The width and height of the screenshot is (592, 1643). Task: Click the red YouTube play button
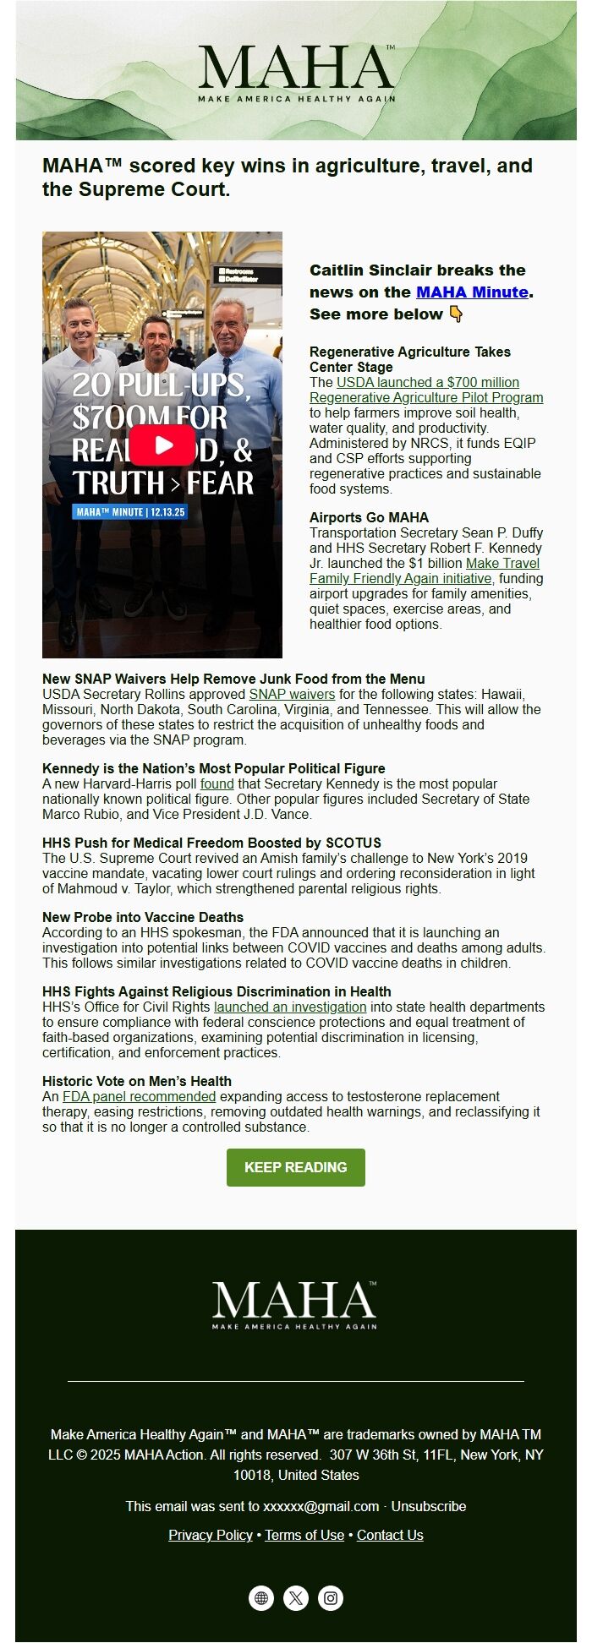pyautogui.click(x=162, y=445)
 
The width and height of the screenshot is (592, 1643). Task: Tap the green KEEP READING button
pyautogui.click(x=295, y=1167)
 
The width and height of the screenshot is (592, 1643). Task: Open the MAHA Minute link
pyautogui.click(x=472, y=292)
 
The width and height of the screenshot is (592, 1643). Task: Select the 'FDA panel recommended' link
pyautogui.click(x=140, y=1097)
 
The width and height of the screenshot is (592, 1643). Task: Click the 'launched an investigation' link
pyautogui.click(x=290, y=1007)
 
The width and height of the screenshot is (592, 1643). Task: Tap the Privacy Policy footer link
pyautogui.click(x=211, y=1535)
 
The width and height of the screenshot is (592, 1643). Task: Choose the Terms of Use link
pyautogui.click(x=304, y=1535)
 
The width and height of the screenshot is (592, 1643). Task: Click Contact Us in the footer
pyautogui.click(x=390, y=1535)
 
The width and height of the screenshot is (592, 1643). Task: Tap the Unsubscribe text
pyautogui.click(x=428, y=1506)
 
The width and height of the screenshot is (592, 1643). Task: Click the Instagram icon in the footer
pyautogui.click(x=331, y=1598)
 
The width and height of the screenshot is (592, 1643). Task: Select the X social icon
pyautogui.click(x=296, y=1598)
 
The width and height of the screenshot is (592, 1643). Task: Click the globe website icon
pyautogui.click(x=261, y=1598)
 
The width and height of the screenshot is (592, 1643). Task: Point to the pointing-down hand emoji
pyautogui.click(x=456, y=314)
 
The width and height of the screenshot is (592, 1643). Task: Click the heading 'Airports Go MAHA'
pyautogui.click(x=369, y=517)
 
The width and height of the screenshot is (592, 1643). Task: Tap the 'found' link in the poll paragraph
pyautogui.click(x=217, y=784)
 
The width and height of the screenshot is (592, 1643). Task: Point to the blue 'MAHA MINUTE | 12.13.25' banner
pyautogui.click(x=131, y=512)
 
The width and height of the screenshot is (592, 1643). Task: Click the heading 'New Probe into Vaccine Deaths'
pyautogui.click(x=143, y=918)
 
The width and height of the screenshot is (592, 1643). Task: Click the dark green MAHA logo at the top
pyautogui.click(x=296, y=73)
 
